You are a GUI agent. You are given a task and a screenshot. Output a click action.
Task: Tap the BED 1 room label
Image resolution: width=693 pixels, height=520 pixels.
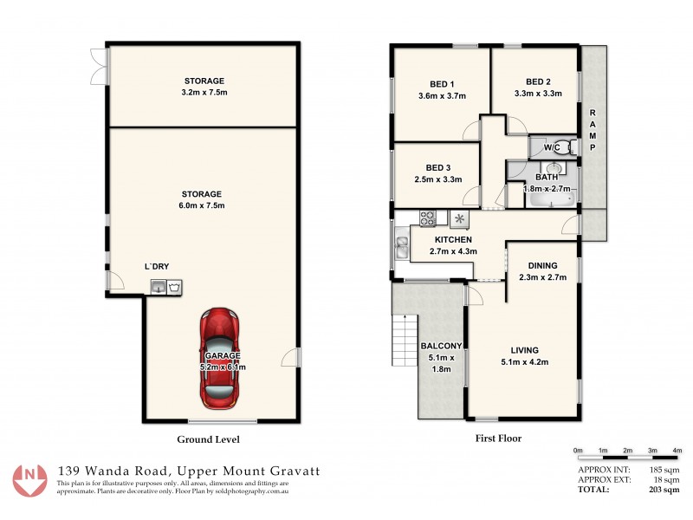(441, 84)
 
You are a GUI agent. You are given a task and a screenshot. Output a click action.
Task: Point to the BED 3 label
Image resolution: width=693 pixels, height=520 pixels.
(437, 167)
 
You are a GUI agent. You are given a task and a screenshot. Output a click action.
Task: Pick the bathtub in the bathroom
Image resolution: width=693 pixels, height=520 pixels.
(548, 200)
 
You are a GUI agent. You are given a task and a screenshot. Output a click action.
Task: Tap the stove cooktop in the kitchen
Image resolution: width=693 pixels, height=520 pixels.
(428, 218)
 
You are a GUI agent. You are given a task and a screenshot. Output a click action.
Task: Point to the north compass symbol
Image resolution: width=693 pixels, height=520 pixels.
(31, 478)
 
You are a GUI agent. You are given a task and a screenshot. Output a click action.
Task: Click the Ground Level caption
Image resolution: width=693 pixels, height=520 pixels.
(208, 439)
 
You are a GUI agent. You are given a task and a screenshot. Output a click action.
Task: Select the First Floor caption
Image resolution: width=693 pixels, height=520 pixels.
(498, 439)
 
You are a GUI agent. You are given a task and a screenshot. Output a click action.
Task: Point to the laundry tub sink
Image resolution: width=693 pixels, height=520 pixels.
(159, 286)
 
